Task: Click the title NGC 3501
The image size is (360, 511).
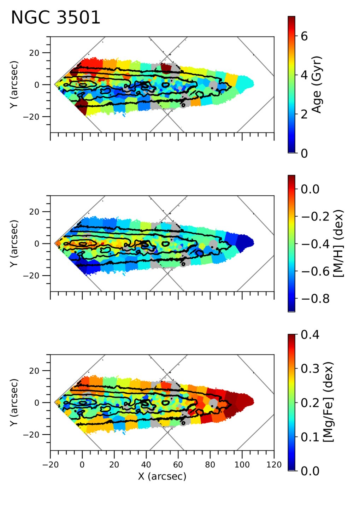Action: pyautogui.click(x=56, y=18)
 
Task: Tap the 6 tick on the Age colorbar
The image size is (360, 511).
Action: pyautogui.click(x=304, y=36)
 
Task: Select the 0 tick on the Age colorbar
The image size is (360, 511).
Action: pyautogui.click(x=304, y=153)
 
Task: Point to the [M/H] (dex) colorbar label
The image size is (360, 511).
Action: pyautogui.click(x=338, y=243)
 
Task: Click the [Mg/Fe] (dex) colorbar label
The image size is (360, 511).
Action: pyautogui.click(x=328, y=402)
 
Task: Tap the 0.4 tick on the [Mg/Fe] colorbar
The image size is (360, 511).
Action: pyautogui.click(x=310, y=334)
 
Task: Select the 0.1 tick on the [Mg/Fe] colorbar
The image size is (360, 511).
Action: pyautogui.click(x=310, y=437)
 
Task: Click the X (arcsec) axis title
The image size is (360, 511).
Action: pyautogui.click(x=162, y=476)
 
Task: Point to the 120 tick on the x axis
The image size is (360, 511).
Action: pyautogui.click(x=274, y=464)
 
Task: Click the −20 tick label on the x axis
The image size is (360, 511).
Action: pyautogui.click(x=51, y=464)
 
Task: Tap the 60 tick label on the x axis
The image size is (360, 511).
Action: pyautogui.click(x=178, y=464)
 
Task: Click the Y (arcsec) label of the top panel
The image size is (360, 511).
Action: pyautogui.click(x=14, y=84)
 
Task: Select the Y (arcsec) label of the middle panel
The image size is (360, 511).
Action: pyautogui.click(x=14, y=243)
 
